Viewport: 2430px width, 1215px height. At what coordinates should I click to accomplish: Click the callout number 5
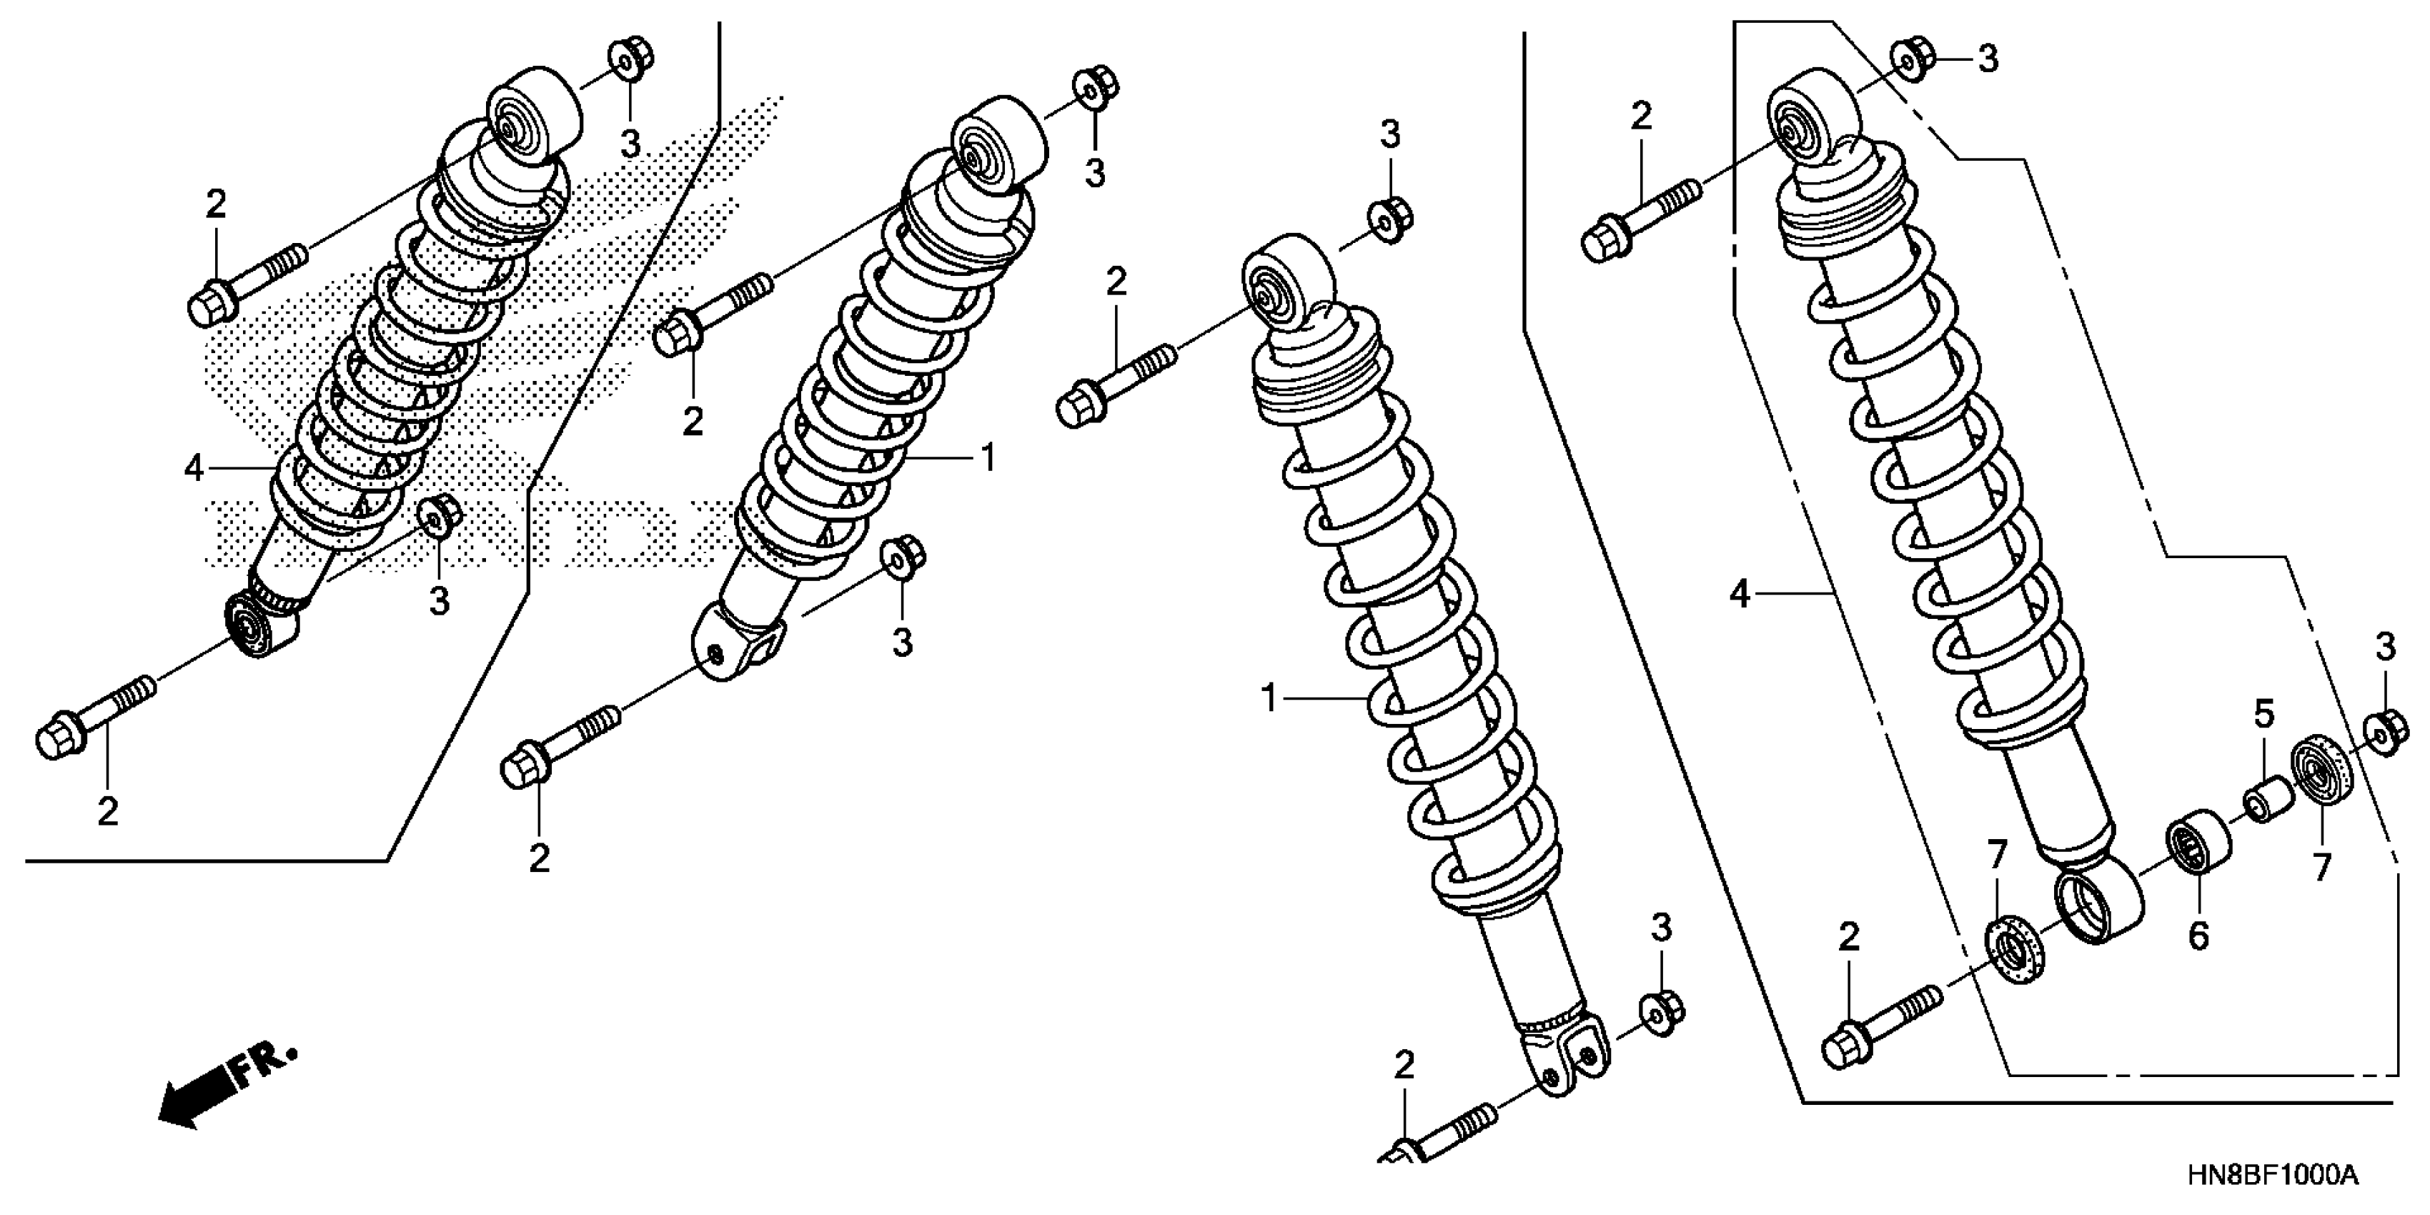pos(2264,715)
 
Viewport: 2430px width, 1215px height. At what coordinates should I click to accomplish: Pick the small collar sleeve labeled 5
pos(2265,799)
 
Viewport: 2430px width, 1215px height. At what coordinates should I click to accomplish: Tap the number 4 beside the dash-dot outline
pos(1740,595)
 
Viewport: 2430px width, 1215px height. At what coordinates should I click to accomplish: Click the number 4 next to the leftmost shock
pos(194,468)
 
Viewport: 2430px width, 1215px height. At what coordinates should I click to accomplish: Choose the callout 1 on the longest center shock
pos(1269,698)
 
